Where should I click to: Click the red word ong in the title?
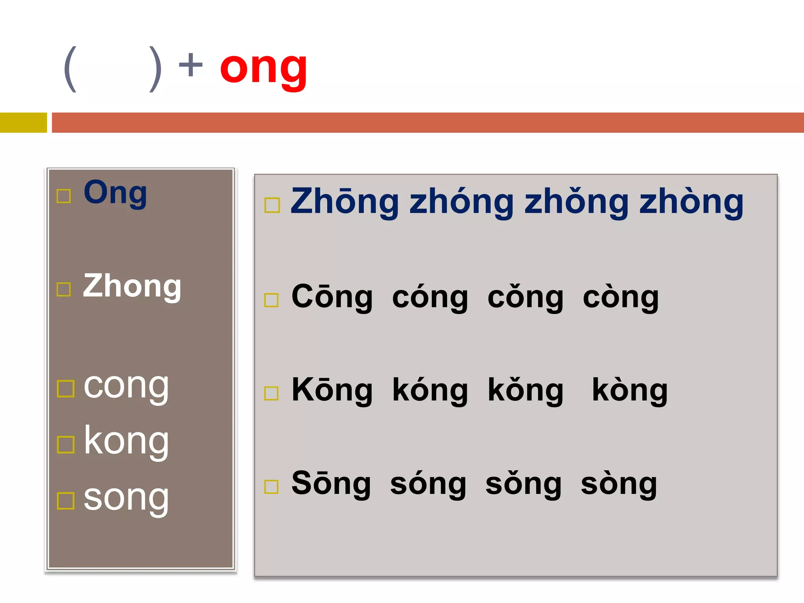(263, 69)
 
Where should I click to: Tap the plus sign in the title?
(190, 65)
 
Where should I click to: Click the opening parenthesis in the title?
(70, 69)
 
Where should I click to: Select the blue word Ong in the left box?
(115, 193)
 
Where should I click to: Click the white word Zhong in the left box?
(132, 287)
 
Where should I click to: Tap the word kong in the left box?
(126, 442)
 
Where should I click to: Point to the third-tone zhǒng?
(576, 202)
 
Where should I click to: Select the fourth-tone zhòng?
(691, 202)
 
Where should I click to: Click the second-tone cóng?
(430, 298)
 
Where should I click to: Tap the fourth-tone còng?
(621, 298)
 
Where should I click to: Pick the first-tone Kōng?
(332, 391)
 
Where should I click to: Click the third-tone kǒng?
(525, 391)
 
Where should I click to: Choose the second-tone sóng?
(428, 484)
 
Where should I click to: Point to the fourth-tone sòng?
(619, 484)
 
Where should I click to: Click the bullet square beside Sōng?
(271, 487)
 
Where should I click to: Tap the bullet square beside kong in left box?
(66, 445)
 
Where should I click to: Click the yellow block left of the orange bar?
(23, 122)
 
